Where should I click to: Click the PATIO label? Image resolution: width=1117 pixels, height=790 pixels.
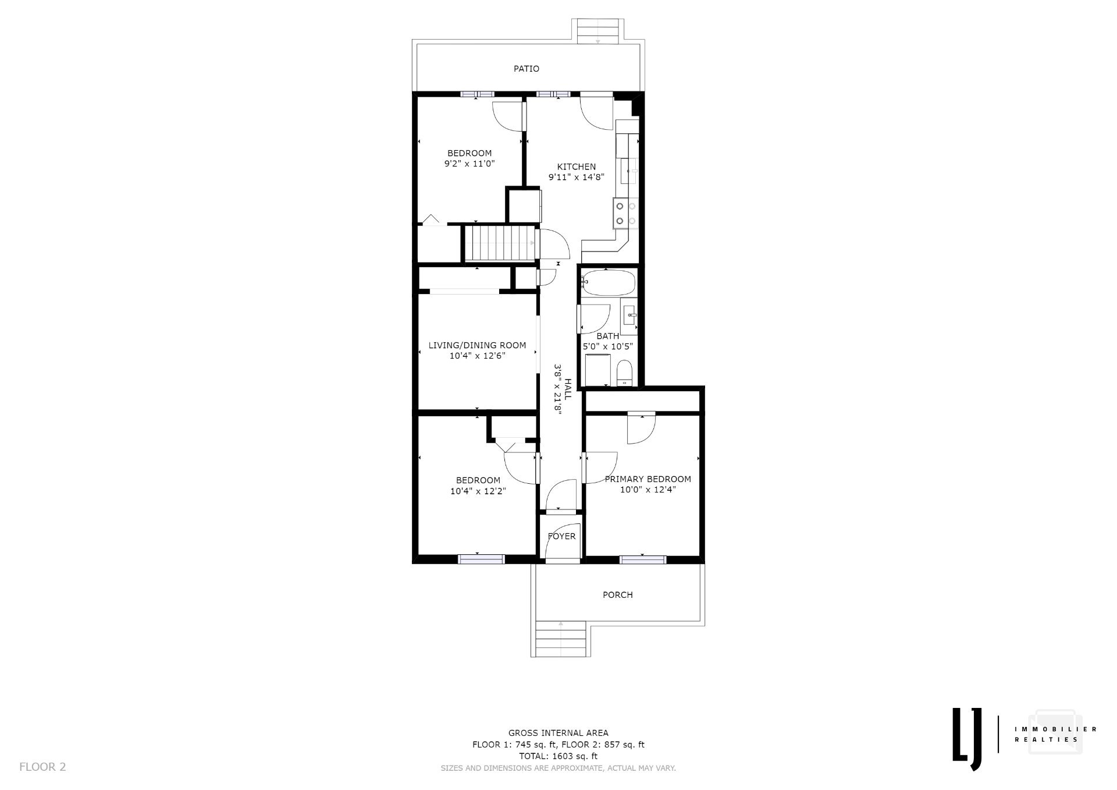point(526,69)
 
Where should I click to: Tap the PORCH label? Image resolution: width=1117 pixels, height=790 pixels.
point(617,595)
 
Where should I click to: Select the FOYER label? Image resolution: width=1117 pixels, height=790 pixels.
point(561,536)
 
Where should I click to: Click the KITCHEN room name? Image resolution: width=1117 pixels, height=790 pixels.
point(577,166)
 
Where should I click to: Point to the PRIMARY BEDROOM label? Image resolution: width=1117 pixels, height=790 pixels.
point(648,479)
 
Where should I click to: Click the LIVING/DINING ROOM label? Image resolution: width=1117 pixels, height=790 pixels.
point(477,345)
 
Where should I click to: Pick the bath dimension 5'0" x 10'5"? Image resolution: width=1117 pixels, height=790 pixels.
point(608,346)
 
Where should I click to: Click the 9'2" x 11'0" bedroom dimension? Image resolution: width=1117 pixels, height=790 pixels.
point(469,164)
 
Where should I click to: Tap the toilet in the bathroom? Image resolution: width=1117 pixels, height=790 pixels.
point(624,373)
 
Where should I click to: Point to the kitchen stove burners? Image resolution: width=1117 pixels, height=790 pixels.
point(625,213)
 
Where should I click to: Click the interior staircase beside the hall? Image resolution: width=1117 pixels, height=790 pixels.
point(500,243)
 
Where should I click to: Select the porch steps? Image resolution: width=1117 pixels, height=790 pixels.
point(560,639)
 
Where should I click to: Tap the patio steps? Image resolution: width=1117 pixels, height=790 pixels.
point(597,31)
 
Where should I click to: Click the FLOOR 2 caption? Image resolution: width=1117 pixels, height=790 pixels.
point(42,767)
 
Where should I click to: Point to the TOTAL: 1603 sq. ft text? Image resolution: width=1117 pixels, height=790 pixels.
point(558,756)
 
